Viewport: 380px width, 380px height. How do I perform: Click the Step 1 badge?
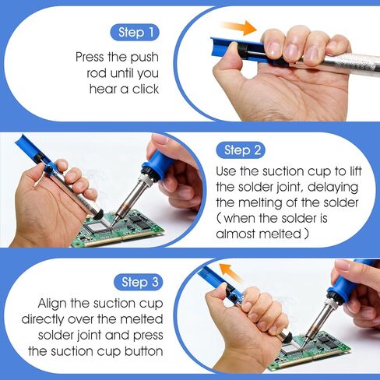click(135, 33)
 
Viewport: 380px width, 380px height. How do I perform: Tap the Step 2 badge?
click(241, 150)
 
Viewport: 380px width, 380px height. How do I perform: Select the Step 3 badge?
click(139, 282)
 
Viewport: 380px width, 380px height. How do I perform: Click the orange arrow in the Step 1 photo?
click(239, 27)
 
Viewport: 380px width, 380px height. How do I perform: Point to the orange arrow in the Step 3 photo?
click(230, 273)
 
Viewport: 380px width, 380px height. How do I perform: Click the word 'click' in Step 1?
click(146, 90)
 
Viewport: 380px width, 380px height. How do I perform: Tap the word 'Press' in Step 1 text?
click(90, 57)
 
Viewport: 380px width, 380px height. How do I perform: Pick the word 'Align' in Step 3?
click(52, 304)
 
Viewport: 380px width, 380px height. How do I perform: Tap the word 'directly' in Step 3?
click(43, 319)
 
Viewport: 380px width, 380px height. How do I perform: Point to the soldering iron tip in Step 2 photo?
click(114, 222)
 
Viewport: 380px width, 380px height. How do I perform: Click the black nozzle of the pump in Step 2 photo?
click(98, 214)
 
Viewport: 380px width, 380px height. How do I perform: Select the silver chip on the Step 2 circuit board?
click(99, 227)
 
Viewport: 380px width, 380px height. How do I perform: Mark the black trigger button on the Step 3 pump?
click(234, 297)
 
